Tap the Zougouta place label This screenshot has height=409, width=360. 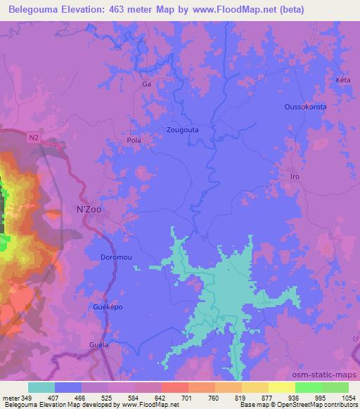coord(182,130)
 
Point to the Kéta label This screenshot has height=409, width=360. coord(343,80)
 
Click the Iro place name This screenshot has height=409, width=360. coord(295,176)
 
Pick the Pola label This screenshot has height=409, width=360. coord(134,140)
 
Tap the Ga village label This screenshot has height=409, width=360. coord(146,84)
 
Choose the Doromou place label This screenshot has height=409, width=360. coord(116,257)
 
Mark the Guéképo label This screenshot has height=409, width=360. coord(108,307)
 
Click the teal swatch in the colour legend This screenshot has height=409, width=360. coord(41,387)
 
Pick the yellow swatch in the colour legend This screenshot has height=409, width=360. coord(281,387)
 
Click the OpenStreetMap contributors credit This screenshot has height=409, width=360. coord(323,405)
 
